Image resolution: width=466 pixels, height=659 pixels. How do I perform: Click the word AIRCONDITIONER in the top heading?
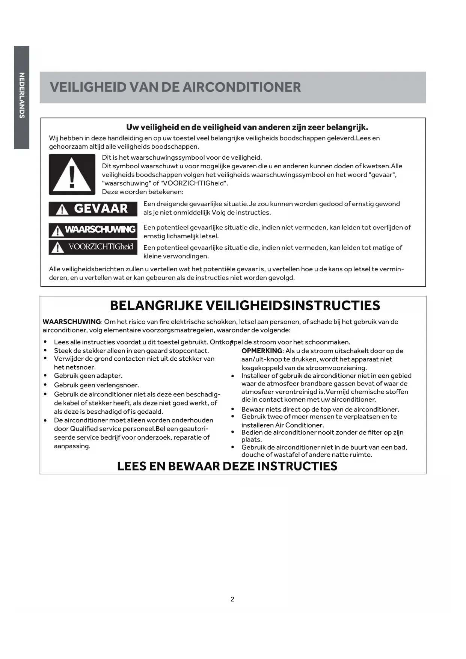[241, 87]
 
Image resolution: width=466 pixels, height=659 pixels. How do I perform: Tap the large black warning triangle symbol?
[72, 174]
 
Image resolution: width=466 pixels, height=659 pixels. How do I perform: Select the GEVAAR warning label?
[93, 209]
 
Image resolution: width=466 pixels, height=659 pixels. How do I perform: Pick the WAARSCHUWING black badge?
[93, 230]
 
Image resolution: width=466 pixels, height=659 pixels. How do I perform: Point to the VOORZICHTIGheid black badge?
[93, 247]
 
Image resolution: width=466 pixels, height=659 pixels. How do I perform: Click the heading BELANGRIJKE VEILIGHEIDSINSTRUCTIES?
[245, 305]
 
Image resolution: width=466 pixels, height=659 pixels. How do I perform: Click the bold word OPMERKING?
[261, 351]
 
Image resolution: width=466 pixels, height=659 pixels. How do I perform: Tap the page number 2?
[232, 599]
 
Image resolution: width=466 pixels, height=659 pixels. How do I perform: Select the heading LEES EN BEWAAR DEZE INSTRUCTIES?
[227, 466]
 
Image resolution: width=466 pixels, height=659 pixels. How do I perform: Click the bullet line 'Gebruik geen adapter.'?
[88, 376]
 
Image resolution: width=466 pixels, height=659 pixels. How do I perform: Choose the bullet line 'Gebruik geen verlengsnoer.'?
[97, 385]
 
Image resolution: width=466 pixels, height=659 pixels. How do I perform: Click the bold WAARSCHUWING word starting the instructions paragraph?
[71, 322]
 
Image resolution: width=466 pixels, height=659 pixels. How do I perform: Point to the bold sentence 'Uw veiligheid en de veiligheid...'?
[247, 127]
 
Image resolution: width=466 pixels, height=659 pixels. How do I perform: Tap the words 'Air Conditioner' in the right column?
[299, 425]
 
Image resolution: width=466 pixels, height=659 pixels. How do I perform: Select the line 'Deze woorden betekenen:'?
[143, 192]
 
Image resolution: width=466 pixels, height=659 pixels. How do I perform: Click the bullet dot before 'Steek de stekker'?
[45, 351]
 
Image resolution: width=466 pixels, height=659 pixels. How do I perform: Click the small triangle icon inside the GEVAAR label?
[62, 210]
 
